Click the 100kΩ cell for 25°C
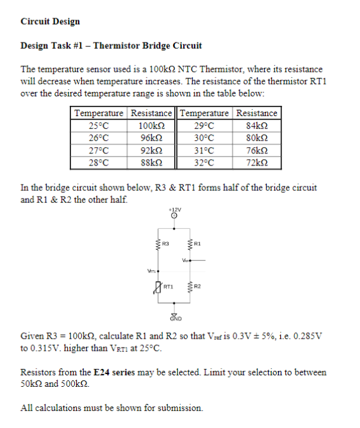point(151,125)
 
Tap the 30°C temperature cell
point(206,137)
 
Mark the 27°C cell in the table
point(99,149)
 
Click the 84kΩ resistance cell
point(257,125)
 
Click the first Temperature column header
point(99,113)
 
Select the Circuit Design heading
point(50,22)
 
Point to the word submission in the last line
point(180,408)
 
